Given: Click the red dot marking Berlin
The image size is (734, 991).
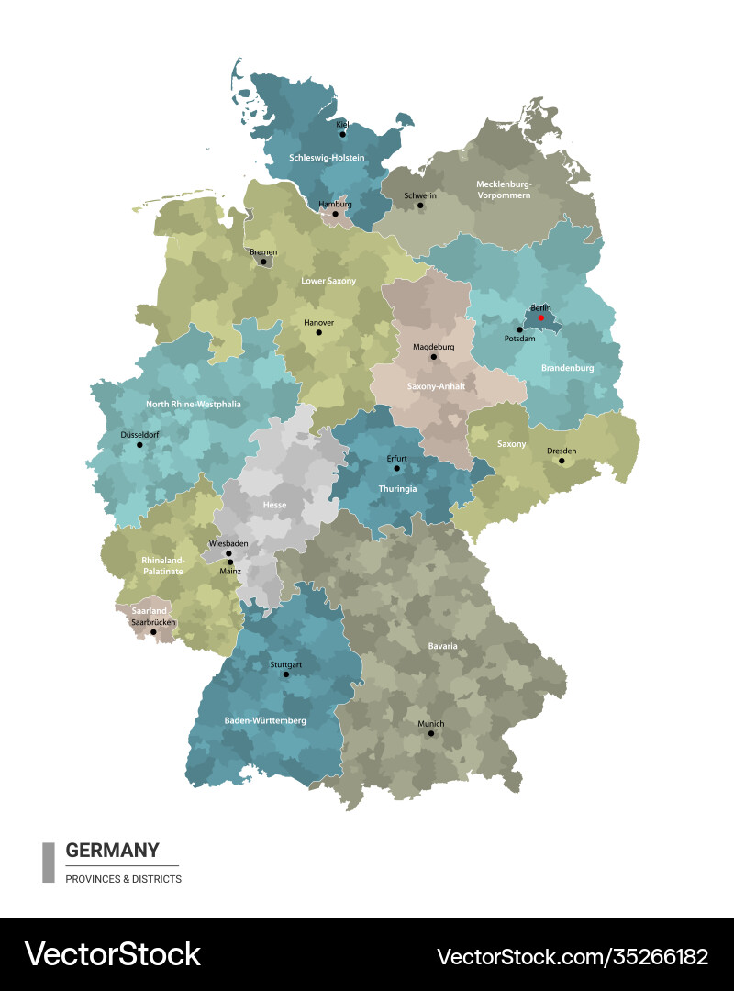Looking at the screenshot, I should click(541, 318).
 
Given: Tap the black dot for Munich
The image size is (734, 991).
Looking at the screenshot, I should click(430, 733).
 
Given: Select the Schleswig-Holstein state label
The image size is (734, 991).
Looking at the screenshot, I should click(327, 158).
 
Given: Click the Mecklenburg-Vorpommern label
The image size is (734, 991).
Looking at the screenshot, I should click(504, 189).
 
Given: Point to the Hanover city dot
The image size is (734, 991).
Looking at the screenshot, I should click(319, 332).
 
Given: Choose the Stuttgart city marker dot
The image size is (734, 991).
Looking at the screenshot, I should click(285, 674).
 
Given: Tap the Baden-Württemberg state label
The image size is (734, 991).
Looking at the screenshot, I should click(265, 720).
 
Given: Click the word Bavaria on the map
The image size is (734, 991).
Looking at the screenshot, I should click(442, 646).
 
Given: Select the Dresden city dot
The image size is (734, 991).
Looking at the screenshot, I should click(562, 461).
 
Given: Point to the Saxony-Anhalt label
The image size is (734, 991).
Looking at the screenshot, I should click(436, 386).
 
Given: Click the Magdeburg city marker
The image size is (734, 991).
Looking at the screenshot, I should click(434, 357).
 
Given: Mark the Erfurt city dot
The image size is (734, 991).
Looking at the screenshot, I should click(396, 468).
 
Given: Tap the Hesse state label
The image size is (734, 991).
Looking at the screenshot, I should click(274, 505).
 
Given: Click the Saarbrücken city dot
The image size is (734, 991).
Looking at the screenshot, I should click(153, 631).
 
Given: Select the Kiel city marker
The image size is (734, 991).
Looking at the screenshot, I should click(342, 134).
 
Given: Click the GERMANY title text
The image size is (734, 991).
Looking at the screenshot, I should click(112, 850).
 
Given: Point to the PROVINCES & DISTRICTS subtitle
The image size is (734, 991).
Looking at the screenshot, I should click(123, 879).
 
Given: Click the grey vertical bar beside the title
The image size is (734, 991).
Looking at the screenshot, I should click(49, 863).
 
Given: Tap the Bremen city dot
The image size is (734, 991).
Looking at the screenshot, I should click(263, 262).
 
